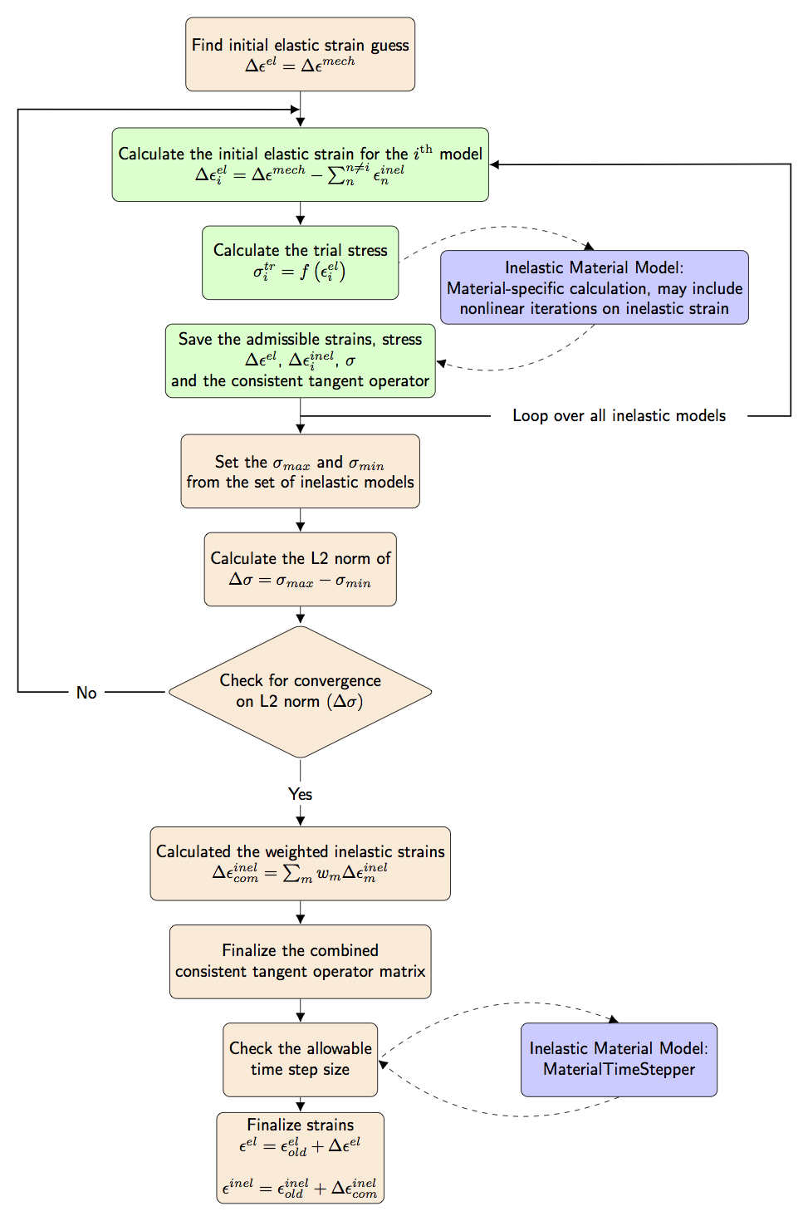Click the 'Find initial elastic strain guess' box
tap(300, 54)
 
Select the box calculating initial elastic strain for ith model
tap(300, 164)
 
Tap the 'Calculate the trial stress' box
tap(300, 262)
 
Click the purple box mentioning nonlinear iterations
tap(594, 287)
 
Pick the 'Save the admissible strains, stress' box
tap(300, 360)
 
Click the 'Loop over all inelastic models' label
tap(619, 415)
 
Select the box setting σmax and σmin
tap(300, 471)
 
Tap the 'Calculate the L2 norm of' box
tap(300, 569)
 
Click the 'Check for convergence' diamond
tap(300, 691)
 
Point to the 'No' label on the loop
tap(86, 693)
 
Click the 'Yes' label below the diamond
tap(300, 794)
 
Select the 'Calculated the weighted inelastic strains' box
tap(300, 863)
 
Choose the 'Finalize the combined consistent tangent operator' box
tap(300, 961)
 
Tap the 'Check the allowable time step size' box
tap(300, 1059)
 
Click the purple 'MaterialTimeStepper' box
tap(619, 1059)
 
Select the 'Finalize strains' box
tap(300, 1158)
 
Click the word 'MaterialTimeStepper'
tap(619, 1070)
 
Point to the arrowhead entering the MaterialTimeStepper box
tap(614, 1019)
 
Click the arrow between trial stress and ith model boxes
tap(300, 213)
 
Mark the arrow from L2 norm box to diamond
tap(300, 615)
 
